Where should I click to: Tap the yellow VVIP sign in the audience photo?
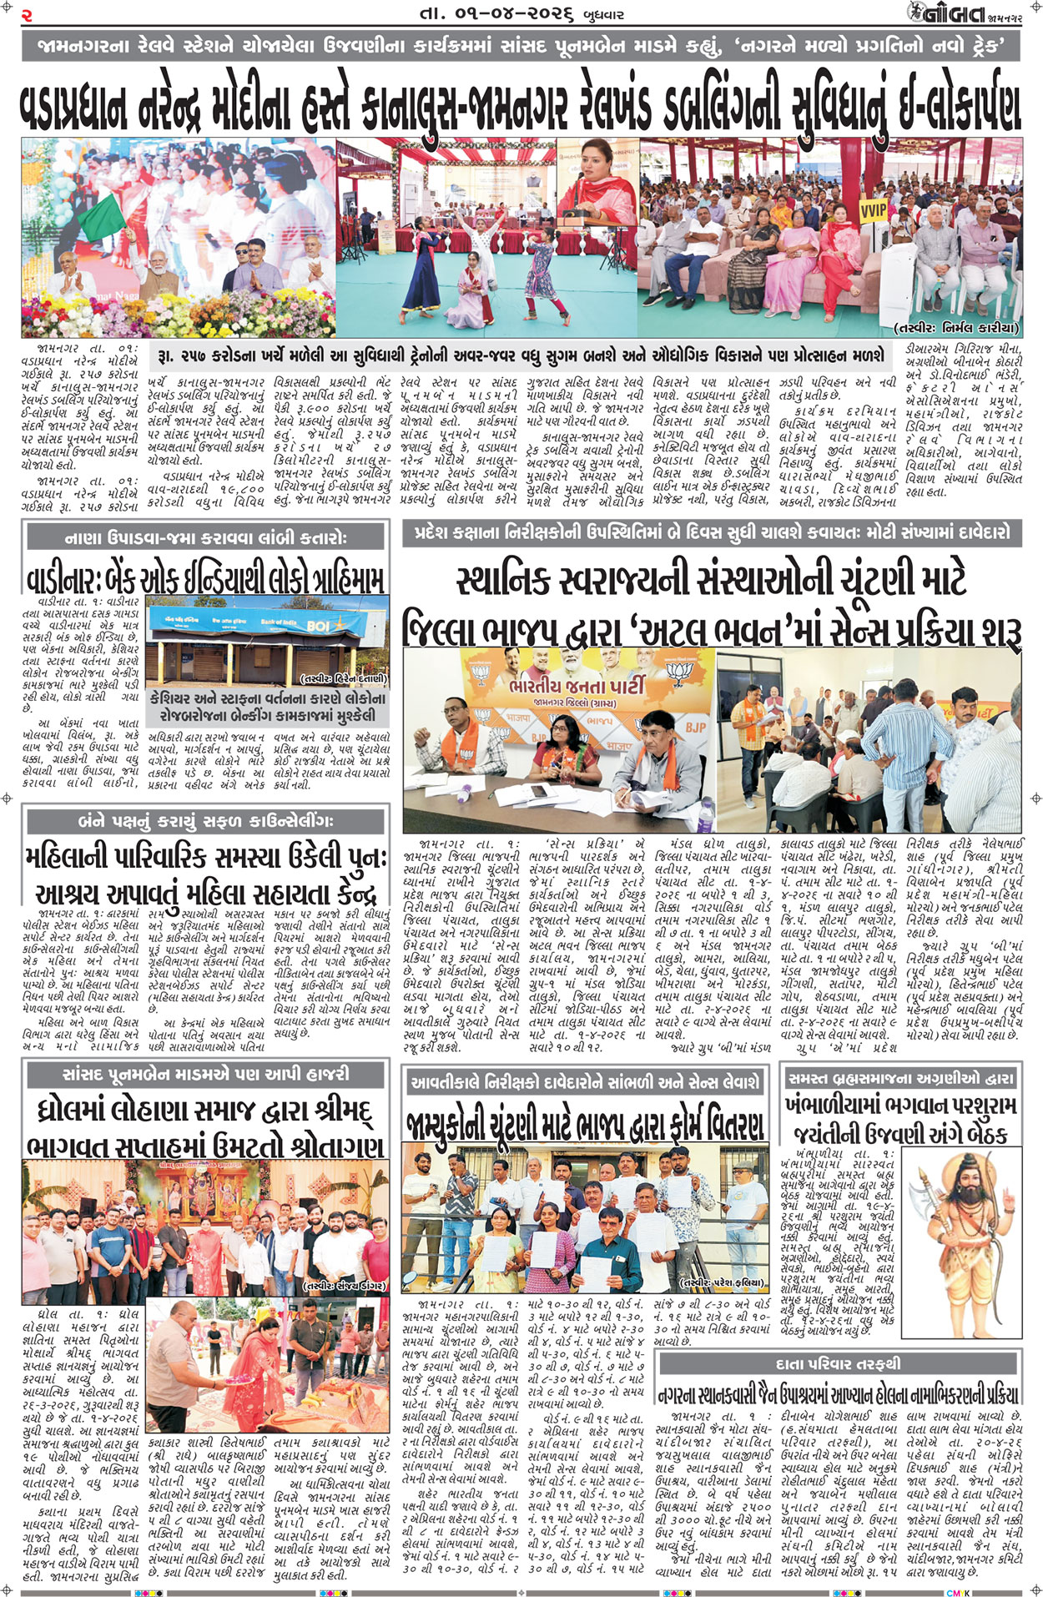873,209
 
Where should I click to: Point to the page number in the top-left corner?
27,14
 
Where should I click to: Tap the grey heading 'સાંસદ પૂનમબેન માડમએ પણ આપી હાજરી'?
206,1074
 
